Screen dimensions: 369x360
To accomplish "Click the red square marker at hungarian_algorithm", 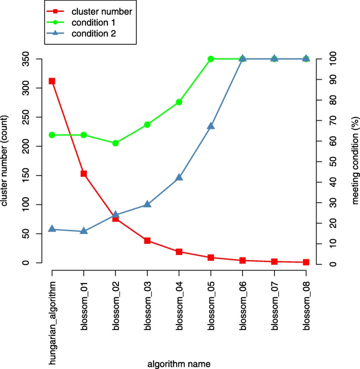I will [52, 81].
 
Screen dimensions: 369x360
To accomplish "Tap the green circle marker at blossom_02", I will [115, 143].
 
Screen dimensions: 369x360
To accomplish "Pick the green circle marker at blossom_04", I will [179, 102].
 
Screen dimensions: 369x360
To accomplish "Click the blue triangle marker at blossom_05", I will [211, 126].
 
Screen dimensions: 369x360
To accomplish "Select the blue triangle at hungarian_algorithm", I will [52, 229].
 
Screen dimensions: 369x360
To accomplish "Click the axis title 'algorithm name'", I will [179, 364].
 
